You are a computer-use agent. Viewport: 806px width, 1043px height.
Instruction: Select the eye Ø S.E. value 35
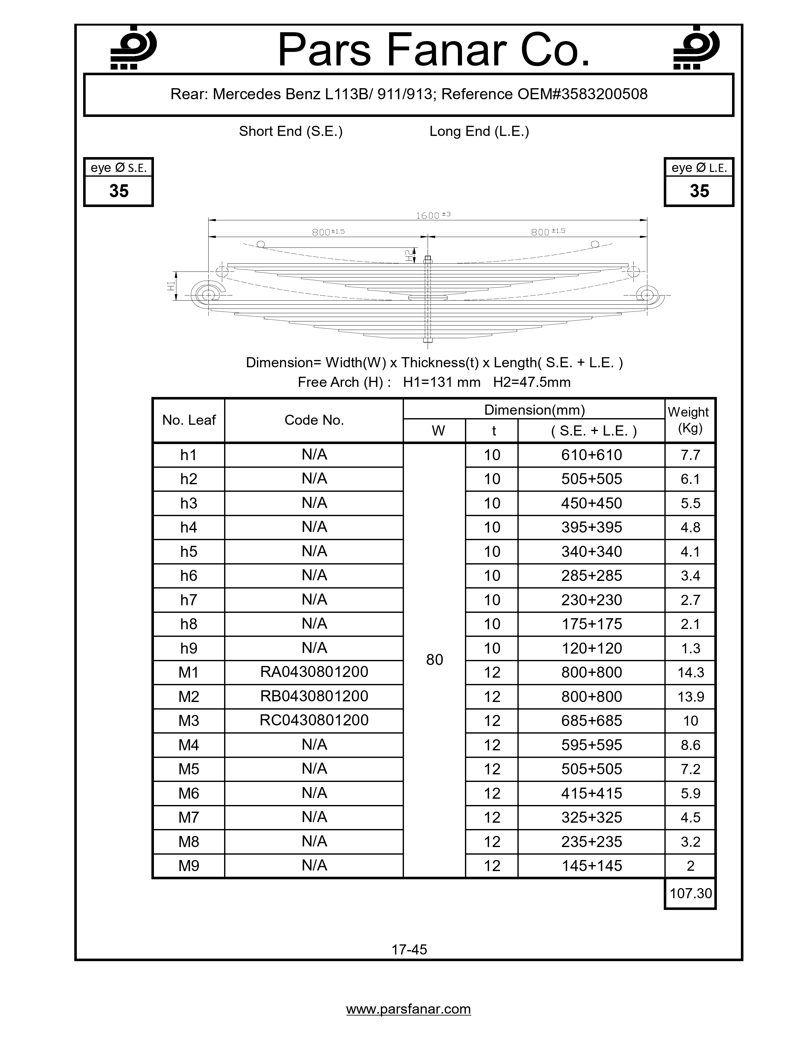[x=119, y=191]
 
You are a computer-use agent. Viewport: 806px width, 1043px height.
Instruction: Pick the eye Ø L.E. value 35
[x=699, y=191]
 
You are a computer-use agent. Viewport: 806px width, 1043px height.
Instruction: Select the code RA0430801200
[x=314, y=672]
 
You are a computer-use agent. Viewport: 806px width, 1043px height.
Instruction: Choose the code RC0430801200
[x=314, y=720]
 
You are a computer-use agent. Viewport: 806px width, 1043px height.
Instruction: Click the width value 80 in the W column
[x=435, y=660]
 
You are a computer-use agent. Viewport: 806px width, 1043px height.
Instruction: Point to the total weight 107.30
[x=690, y=893]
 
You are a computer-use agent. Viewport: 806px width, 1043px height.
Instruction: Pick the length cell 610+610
[x=592, y=454]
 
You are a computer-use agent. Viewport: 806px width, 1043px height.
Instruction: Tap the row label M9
[x=189, y=866]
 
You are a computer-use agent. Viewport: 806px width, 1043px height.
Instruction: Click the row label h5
[x=189, y=552]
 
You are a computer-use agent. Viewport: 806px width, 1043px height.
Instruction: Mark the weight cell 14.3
[x=690, y=672]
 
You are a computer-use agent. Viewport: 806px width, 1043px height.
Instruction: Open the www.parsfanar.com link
[x=409, y=1009]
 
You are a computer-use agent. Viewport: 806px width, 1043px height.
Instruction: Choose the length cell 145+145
[x=592, y=866]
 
